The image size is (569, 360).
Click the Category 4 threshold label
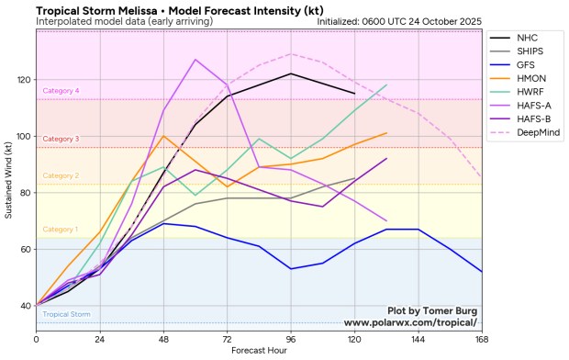pyautogui.click(x=61, y=91)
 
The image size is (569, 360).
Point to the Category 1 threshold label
pyautogui.click(x=61, y=230)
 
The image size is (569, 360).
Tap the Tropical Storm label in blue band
pyautogui.click(x=66, y=315)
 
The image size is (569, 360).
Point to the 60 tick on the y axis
pyautogui.click(x=25, y=249)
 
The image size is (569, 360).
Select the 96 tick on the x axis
pyautogui.click(x=291, y=340)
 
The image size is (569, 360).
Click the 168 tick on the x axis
pyautogui.click(x=482, y=340)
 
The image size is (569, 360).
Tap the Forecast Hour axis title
pyautogui.click(x=259, y=350)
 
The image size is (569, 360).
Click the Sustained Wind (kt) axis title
pyautogui.click(x=8, y=180)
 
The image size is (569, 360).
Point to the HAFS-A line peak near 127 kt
pyautogui.click(x=195, y=60)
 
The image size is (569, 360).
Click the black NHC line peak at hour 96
pyautogui.click(x=291, y=73)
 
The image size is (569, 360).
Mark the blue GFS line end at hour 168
pyautogui.click(x=482, y=271)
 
